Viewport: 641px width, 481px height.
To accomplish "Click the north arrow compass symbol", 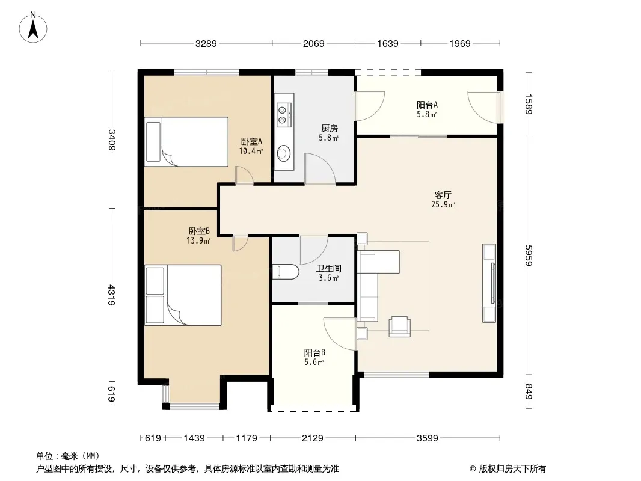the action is (x=33, y=28).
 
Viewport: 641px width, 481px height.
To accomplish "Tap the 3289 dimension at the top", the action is (x=206, y=43).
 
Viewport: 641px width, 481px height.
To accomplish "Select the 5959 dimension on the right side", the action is (x=529, y=256).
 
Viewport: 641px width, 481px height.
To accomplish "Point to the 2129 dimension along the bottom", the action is (x=312, y=438).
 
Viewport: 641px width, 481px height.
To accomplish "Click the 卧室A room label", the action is (x=251, y=141).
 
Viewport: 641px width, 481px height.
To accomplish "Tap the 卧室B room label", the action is (x=199, y=231).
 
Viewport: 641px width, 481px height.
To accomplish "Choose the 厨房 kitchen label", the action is (x=329, y=128).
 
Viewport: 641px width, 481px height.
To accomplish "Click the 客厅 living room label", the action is (x=443, y=195).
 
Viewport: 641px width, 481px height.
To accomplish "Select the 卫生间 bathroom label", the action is (x=329, y=269).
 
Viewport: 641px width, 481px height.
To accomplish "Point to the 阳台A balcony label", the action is (x=427, y=105).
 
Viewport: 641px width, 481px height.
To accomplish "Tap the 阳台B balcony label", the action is (x=314, y=352).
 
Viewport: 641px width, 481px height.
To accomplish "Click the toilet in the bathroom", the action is (x=286, y=272).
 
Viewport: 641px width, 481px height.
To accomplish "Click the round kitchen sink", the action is (x=284, y=153).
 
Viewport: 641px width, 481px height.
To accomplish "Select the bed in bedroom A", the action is (x=186, y=142).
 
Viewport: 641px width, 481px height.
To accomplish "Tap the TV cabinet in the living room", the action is (x=489, y=283).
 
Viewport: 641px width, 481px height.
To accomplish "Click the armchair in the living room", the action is (x=399, y=326).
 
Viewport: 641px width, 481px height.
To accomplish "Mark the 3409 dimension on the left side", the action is (x=112, y=139).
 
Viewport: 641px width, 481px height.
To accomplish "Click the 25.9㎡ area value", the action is (x=443, y=205).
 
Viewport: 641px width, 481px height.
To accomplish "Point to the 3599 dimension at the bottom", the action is (x=427, y=438).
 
